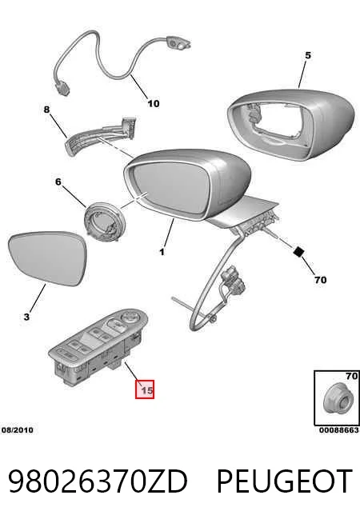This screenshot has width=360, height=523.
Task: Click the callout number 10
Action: coord(154,103)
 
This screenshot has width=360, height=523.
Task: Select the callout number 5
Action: coord(308,55)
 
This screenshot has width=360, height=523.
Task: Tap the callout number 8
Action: coord(46,110)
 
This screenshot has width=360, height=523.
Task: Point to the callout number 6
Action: coord(58,182)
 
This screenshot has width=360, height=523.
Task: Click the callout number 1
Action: coord(162,252)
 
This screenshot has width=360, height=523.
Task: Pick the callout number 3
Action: coord(26,317)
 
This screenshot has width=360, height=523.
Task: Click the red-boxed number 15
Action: coord(145,389)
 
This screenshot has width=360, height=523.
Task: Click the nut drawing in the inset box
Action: coord(336,399)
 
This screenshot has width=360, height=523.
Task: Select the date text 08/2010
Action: coord(18,430)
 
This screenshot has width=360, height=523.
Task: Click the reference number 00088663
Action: coord(339,430)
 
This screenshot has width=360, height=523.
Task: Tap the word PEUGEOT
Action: coord(285,481)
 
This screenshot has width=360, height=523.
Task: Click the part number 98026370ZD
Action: coord(98,481)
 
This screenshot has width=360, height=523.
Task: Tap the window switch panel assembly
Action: coord(98,348)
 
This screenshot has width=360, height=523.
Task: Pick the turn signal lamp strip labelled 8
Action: coord(100,136)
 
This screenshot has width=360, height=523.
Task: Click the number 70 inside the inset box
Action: coord(352,376)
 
